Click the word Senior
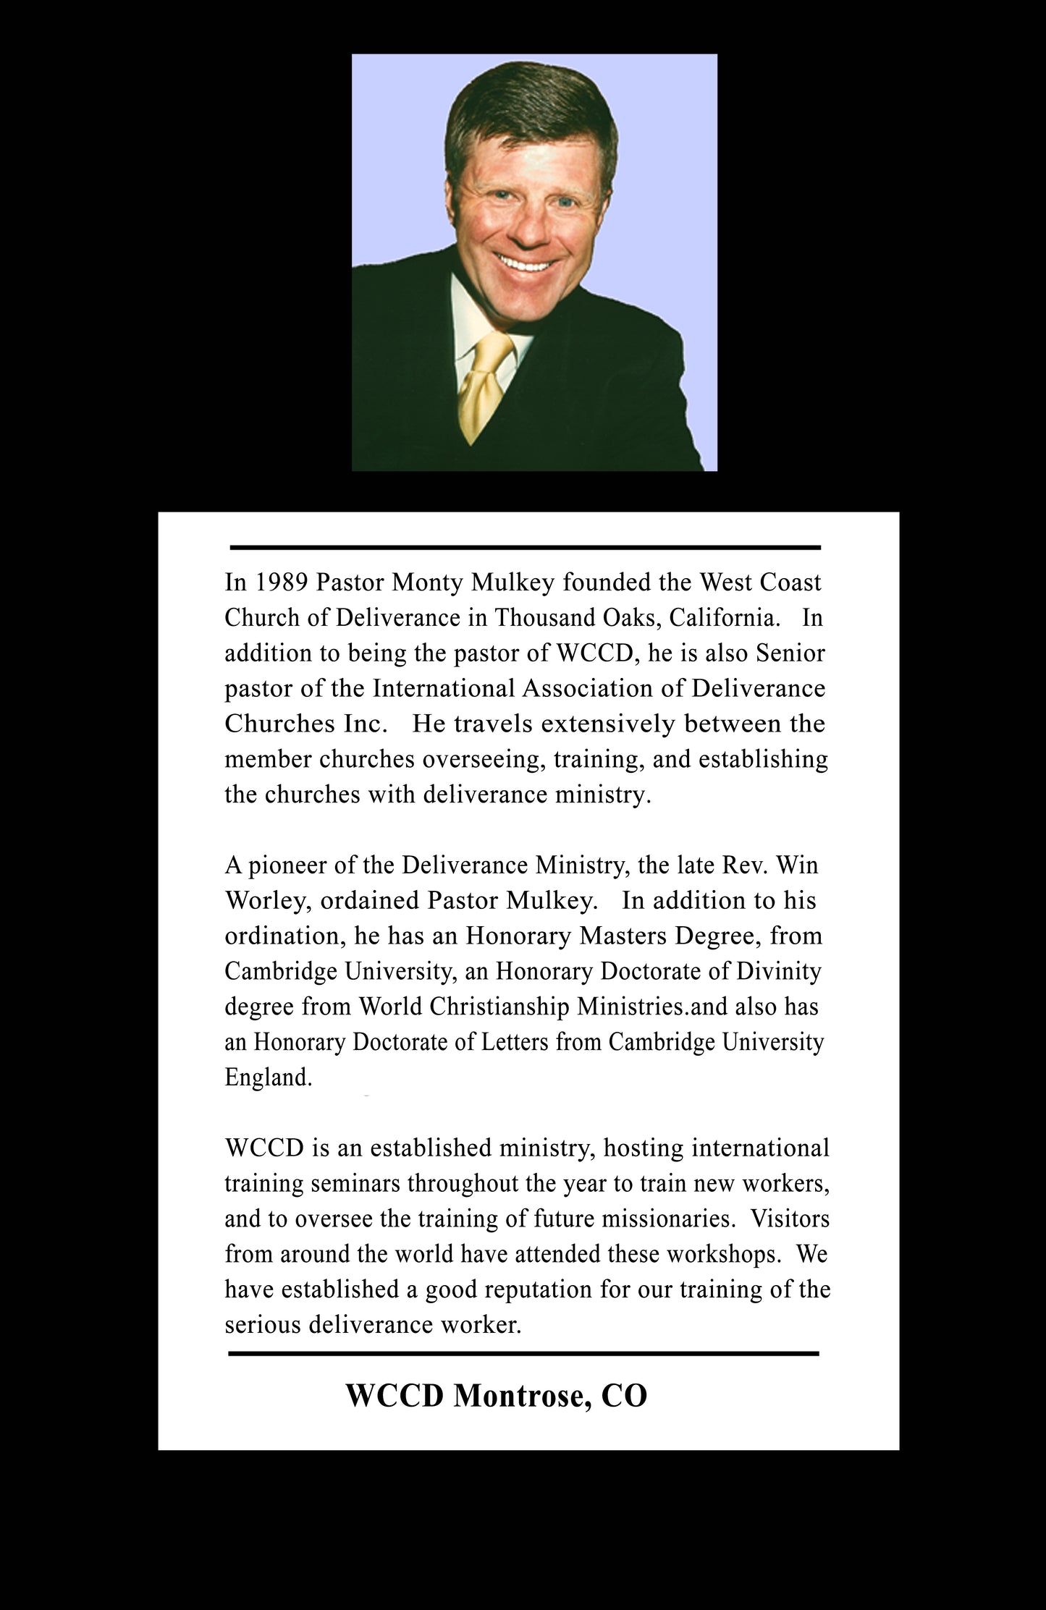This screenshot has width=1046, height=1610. (x=790, y=653)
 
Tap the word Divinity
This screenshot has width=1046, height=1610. (x=778, y=971)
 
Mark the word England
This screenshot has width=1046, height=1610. (x=268, y=1077)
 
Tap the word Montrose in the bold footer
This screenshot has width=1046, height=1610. (x=517, y=1396)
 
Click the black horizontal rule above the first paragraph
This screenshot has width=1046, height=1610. (x=525, y=547)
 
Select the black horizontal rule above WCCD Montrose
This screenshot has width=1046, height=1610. (x=523, y=1353)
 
